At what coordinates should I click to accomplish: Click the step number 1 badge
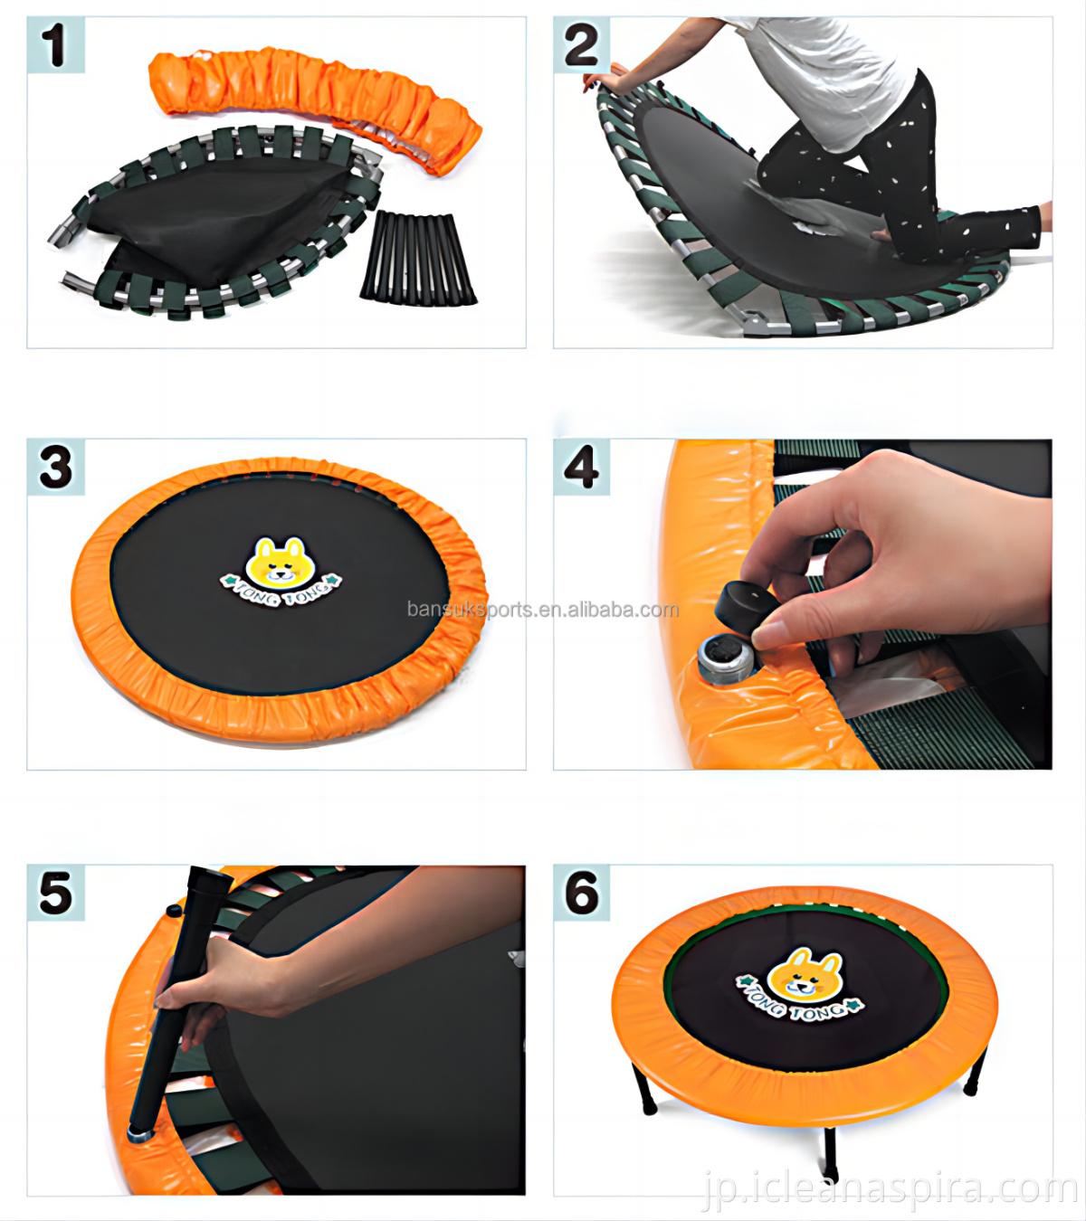[55, 45]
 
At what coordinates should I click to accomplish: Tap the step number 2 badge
[581, 45]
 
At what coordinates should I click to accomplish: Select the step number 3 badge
[55, 467]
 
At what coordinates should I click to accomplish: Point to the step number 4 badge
[581, 467]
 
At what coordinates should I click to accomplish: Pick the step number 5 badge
[55, 893]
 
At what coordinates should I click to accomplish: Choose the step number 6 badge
[581, 893]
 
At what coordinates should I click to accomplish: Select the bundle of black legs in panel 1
[418, 258]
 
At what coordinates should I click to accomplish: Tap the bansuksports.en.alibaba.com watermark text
[543, 610]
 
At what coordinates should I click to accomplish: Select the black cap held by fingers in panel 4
[746, 609]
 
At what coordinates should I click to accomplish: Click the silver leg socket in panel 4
[727, 659]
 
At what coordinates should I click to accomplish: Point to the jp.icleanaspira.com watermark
[890, 1189]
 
